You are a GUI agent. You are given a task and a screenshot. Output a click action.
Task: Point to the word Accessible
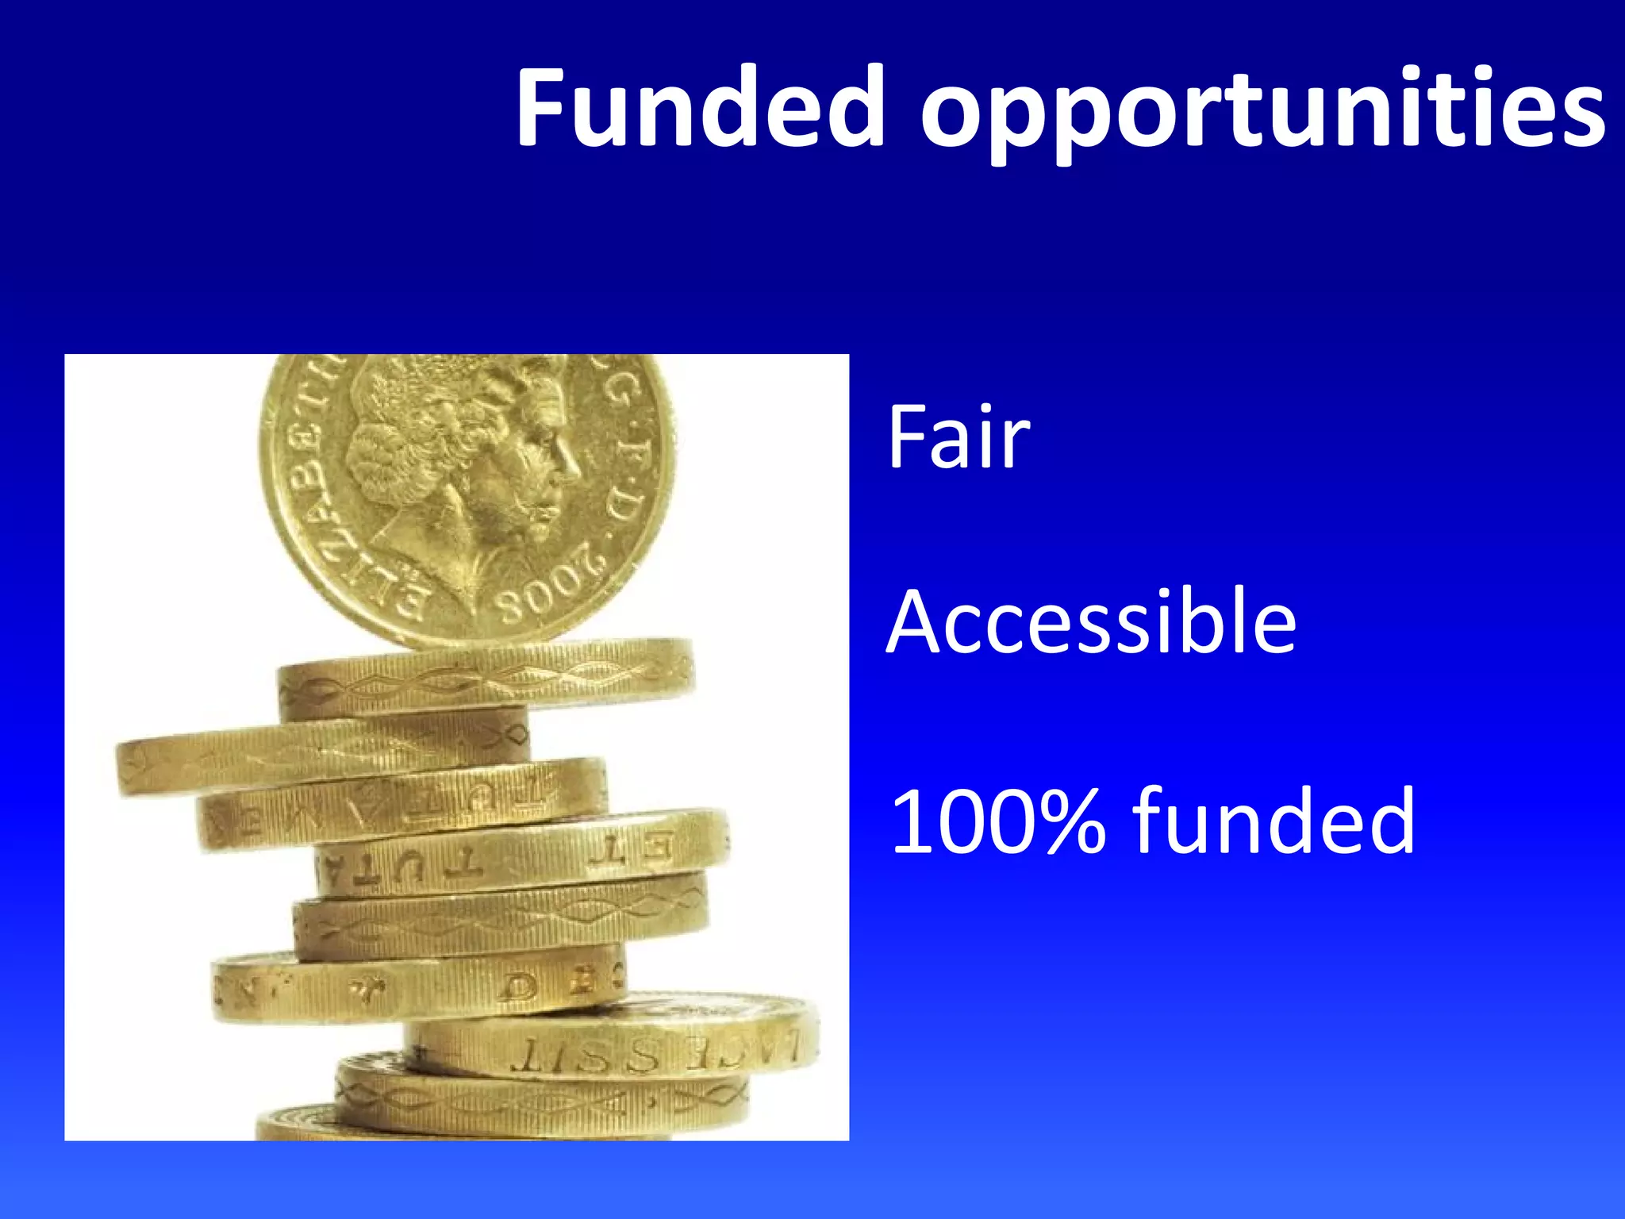pos(1091,623)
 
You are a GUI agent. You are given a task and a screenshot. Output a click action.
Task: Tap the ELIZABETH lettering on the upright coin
pos(317,500)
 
